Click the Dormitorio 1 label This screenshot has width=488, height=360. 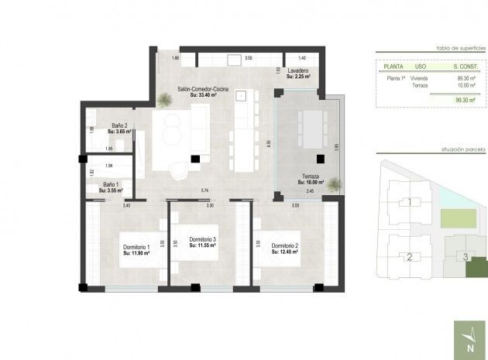(x=137, y=249)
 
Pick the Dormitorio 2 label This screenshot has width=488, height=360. (x=285, y=249)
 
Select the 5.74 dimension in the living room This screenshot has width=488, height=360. (x=205, y=190)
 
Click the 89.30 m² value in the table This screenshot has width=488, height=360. (x=466, y=78)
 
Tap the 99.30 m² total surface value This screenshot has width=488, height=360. (x=465, y=100)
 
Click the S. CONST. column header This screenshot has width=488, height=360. (x=465, y=67)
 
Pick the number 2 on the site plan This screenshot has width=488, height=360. (x=408, y=257)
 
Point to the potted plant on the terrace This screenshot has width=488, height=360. (x=333, y=184)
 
